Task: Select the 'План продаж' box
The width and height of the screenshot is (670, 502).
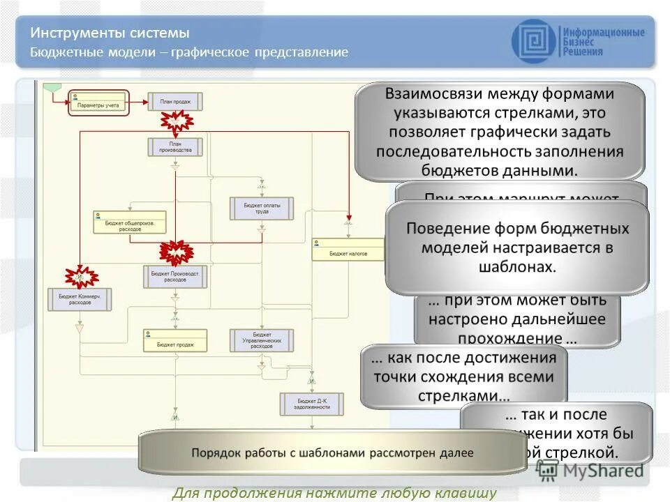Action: (175, 102)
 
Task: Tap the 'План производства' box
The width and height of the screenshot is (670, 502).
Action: (175, 146)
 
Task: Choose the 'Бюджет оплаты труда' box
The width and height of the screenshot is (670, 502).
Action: (262, 208)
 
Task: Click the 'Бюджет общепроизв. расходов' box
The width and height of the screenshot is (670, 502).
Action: (126, 222)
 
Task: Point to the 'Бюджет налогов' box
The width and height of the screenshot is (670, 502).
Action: (348, 250)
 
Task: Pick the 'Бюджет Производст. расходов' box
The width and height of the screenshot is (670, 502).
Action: (175, 277)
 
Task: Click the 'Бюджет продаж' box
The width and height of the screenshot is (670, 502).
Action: (175, 340)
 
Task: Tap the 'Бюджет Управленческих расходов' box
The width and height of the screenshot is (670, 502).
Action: (262, 340)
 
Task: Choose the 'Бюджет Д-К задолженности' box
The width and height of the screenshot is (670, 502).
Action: (312, 404)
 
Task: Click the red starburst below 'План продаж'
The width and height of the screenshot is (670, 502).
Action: (177, 122)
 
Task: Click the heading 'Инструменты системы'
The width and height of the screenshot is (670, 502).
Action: (110, 33)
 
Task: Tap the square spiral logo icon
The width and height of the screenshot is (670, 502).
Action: (534, 40)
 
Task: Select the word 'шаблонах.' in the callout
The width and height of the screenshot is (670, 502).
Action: (516, 267)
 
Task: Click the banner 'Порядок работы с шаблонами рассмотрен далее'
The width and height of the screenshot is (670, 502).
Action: (332, 452)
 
